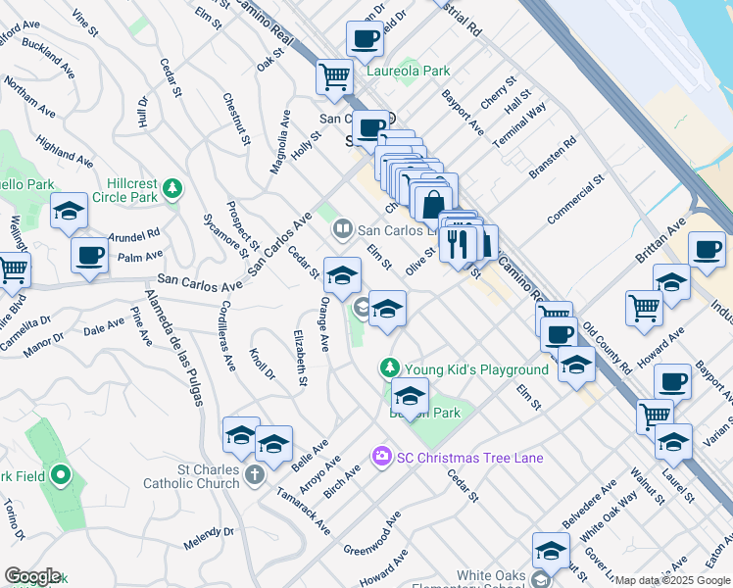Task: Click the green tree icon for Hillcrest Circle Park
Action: coord(173,187)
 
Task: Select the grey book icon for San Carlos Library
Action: coord(342,230)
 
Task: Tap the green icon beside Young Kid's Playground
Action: coord(390,368)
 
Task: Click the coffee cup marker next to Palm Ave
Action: coord(89,257)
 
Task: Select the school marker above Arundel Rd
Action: coord(69,213)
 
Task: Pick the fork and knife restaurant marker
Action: coord(458,241)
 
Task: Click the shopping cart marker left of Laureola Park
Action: coord(334,76)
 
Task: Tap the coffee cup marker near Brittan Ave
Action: coord(708,249)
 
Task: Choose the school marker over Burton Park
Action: coord(410,397)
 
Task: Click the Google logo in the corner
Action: coord(31,576)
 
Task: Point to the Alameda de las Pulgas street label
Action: coord(166,339)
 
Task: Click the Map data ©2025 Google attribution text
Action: coord(671,580)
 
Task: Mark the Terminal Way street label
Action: coord(519,124)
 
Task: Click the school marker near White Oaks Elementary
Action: coord(551,551)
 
